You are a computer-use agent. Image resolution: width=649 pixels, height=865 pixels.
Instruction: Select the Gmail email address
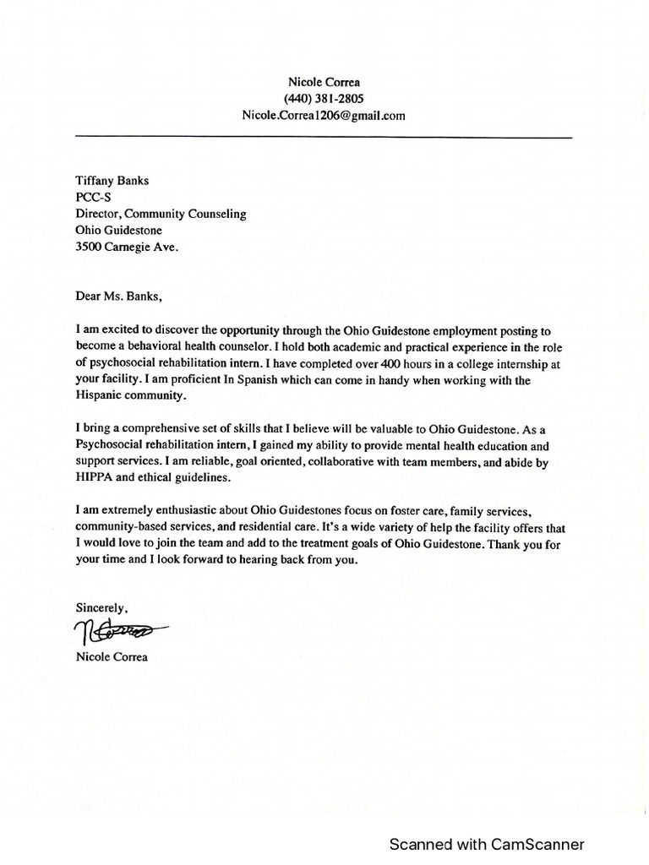click(x=323, y=116)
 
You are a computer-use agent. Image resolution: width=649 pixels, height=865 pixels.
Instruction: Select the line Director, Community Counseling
click(x=161, y=214)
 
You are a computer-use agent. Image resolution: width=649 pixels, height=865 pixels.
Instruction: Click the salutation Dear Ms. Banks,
click(x=117, y=296)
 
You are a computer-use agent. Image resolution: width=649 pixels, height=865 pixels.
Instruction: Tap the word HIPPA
click(x=95, y=477)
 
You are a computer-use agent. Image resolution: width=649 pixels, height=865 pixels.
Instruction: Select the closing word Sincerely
click(x=102, y=607)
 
